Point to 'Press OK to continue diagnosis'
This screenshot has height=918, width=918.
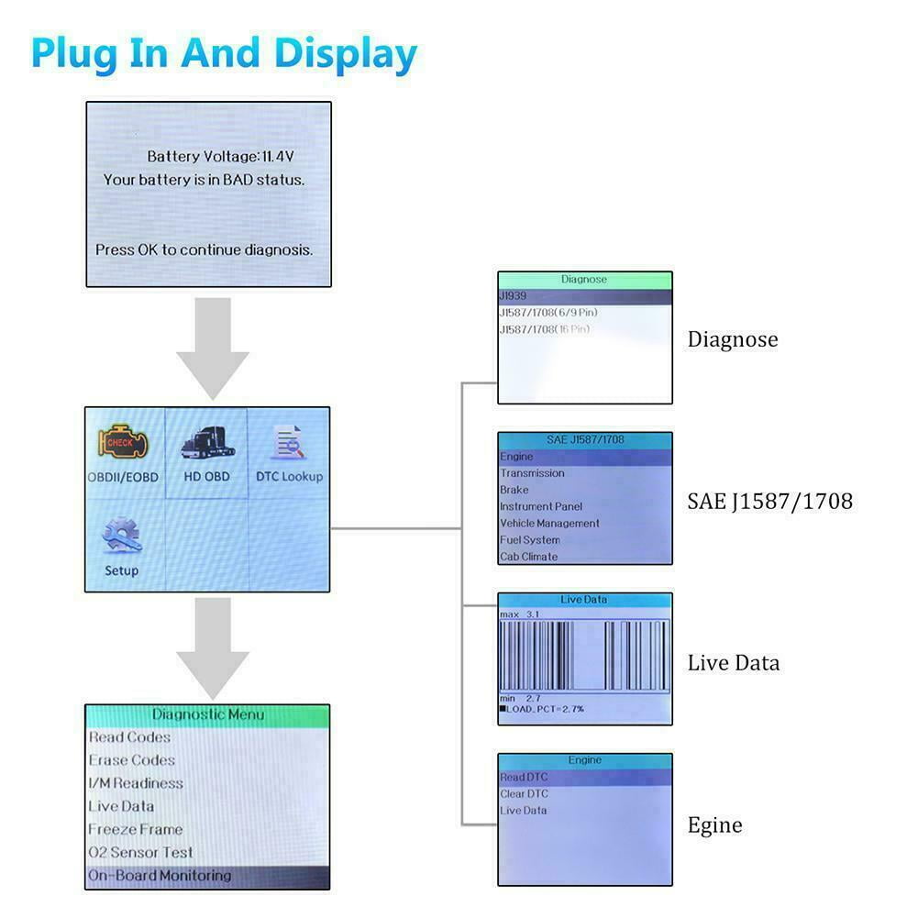click(x=204, y=249)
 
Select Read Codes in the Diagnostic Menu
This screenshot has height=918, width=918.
click(x=129, y=737)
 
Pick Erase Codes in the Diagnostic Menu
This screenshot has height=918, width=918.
click(x=131, y=760)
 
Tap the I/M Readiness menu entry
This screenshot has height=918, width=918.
click(x=136, y=783)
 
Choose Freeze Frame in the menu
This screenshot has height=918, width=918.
click(x=135, y=829)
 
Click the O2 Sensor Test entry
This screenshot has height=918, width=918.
click(x=140, y=852)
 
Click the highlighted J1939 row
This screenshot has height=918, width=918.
click(x=584, y=296)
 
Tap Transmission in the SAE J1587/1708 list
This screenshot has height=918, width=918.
click(x=532, y=473)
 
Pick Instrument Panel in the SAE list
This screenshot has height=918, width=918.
click(x=540, y=506)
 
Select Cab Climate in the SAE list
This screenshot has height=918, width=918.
click(x=528, y=557)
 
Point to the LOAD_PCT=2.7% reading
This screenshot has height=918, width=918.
click(x=545, y=710)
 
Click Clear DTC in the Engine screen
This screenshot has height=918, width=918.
click(x=525, y=794)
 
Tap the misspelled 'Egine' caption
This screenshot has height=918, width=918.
click(x=714, y=825)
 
